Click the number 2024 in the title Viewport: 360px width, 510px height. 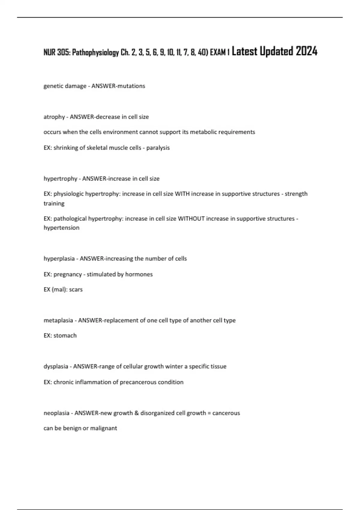306,51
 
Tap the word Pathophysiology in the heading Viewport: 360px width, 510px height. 95,53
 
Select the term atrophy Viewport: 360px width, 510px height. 54,117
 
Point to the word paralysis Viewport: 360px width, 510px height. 158,148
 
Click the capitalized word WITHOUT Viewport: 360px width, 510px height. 191,219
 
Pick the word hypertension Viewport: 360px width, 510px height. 61,228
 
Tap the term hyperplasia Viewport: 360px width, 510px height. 59,259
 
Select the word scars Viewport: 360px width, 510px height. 76,290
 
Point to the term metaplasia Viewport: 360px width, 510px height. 58,320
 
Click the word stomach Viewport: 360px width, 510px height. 65,336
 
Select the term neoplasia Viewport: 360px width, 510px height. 56,413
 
